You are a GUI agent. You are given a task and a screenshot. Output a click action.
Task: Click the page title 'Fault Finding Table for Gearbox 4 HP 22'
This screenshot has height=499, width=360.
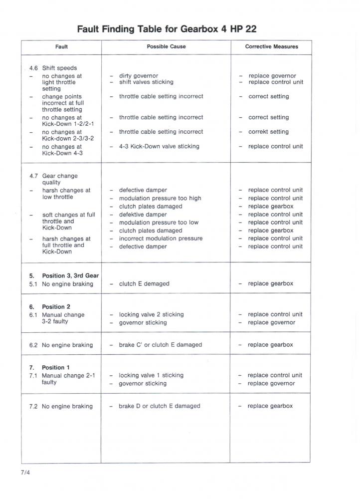(x=167, y=29)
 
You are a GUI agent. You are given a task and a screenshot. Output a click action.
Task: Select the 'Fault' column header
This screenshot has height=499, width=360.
(x=61, y=47)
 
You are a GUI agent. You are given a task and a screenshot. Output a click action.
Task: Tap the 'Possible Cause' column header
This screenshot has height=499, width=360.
(x=166, y=47)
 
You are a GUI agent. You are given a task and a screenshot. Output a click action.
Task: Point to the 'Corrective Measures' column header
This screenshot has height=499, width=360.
(x=271, y=47)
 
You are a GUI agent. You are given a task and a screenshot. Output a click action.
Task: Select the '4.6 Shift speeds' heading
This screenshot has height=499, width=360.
(x=53, y=68)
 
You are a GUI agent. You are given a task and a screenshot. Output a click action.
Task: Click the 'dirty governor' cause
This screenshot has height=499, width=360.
(x=138, y=76)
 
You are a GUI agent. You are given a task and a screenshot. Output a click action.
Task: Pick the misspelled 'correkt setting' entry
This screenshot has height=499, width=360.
(x=268, y=132)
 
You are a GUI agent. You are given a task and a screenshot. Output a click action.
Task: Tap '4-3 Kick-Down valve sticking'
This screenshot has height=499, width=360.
(x=159, y=146)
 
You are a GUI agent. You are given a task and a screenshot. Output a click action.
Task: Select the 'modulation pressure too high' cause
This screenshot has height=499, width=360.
(x=160, y=198)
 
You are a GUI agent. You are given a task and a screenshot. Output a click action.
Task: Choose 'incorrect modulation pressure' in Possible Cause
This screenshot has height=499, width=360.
(x=161, y=239)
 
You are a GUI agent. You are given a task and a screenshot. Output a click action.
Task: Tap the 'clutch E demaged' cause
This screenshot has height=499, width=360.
(x=144, y=283)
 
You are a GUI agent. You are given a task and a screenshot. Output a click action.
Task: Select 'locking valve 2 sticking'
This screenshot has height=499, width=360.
(x=151, y=314)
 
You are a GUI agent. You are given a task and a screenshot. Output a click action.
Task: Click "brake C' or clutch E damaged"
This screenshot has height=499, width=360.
(x=160, y=345)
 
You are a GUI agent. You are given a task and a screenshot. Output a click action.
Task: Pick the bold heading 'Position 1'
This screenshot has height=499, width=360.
(x=56, y=367)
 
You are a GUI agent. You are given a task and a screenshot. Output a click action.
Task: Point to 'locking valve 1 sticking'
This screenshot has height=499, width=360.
(x=151, y=375)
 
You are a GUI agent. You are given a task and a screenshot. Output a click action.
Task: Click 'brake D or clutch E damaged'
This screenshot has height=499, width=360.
(x=159, y=406)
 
